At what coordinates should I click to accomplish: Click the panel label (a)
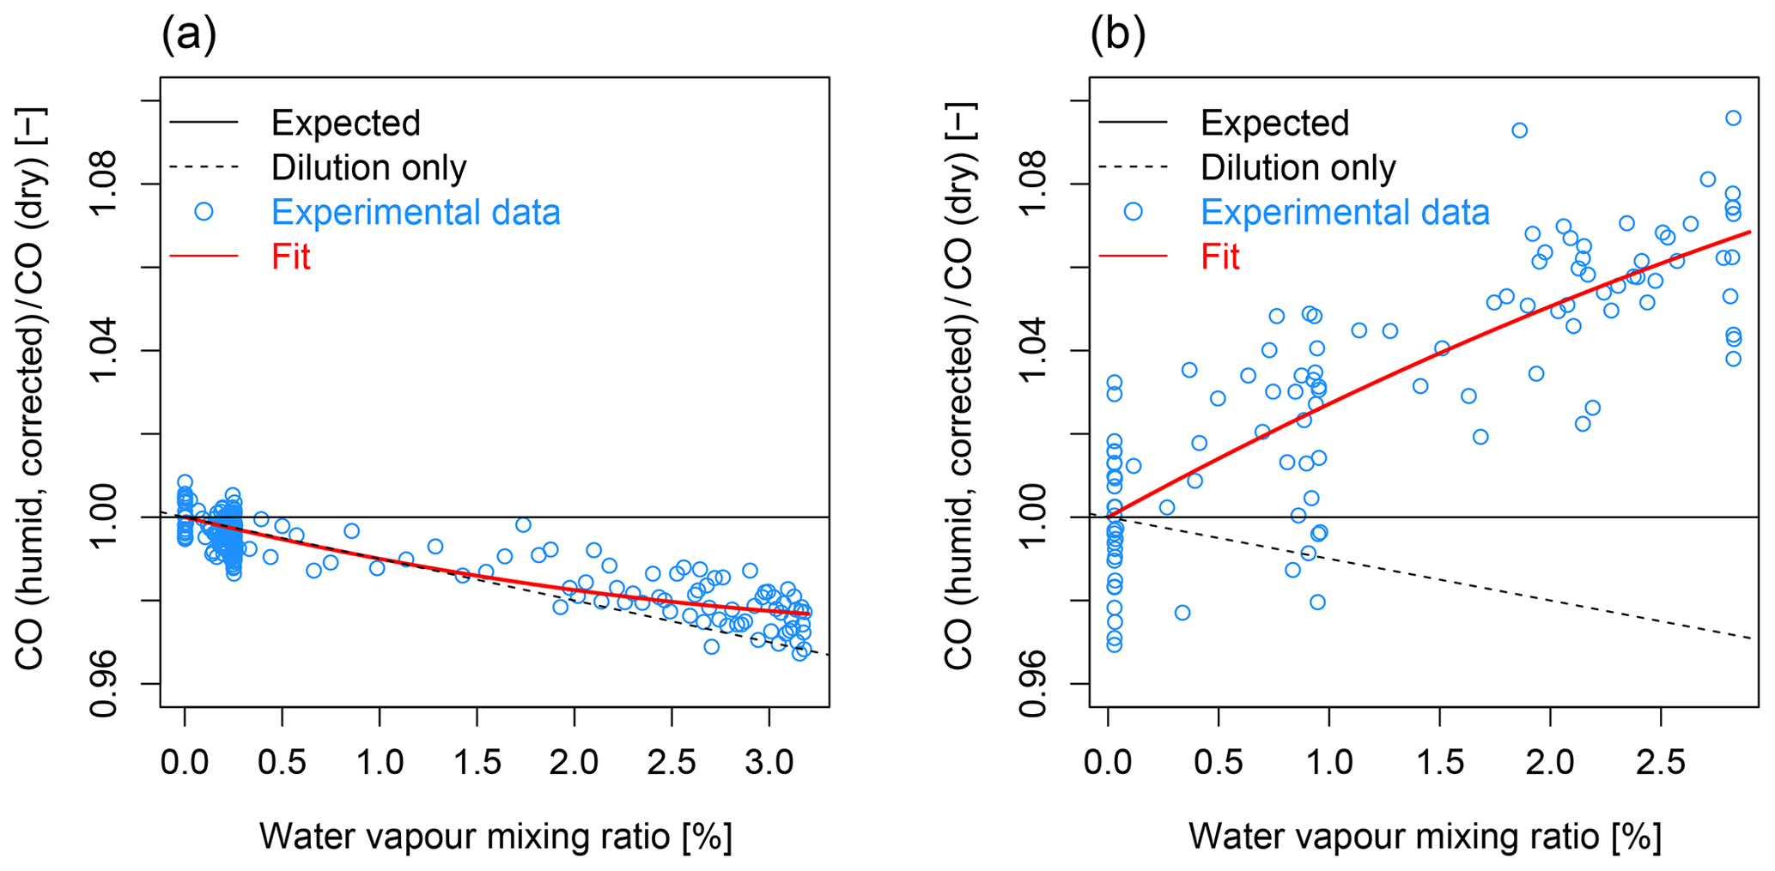(189, 35)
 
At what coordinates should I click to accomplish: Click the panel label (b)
(1117, 35)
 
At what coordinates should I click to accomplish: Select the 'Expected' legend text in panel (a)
(345, 124)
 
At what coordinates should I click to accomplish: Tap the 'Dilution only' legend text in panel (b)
(1298, 168)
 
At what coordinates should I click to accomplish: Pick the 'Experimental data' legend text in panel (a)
(416, 213)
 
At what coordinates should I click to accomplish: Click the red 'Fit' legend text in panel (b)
(1220, 257)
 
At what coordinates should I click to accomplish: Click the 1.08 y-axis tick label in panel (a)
(106, 184)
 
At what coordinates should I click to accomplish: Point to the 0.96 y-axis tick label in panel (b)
(1035, 683)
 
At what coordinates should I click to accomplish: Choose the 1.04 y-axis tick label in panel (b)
(1035, 350)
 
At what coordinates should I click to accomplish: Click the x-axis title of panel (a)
(495, 836)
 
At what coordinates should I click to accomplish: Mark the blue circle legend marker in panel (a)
(204, 212)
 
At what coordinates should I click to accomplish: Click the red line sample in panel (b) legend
(1133, 257)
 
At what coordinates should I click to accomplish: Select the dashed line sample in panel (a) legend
(204, 167)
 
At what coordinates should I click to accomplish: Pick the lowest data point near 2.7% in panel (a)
(711, 646)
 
